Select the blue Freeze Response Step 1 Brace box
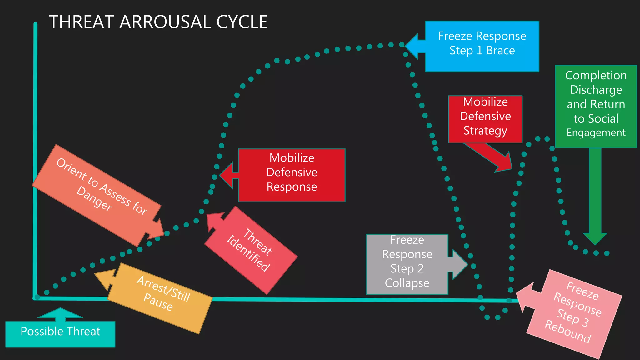tap(482, 46)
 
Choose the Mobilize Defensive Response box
tap(292, 175)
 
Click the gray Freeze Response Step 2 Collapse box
tap(407, 264)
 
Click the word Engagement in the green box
tap(596, 133)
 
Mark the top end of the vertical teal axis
tap(36, 24)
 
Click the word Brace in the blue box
tap(500, 51)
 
